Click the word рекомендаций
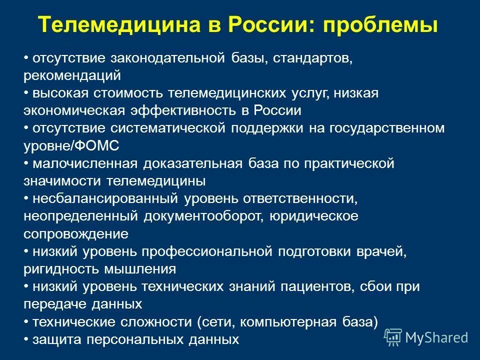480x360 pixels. (x=72, y=76)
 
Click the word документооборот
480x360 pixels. (x=203, y=215)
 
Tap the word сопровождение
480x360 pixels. (x=75, y=233)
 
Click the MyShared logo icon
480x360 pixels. (x=392, y=337)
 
